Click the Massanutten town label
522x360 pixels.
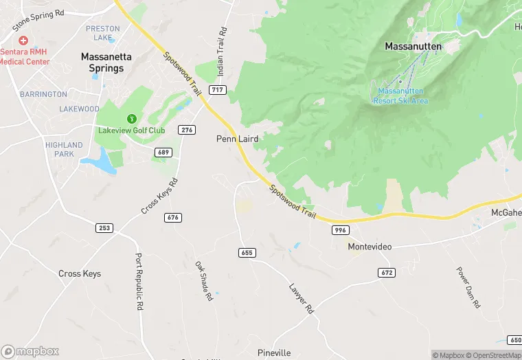(x=413, y=47)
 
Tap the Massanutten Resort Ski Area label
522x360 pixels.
(x=401, y=95)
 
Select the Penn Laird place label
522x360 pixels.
(x=238, y=139)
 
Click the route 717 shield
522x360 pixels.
(x=218, y=90)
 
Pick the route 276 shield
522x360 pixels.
(x=186, y=130)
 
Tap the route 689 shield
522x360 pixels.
(x=163, y=152)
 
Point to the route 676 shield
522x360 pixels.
(x=173, y=218)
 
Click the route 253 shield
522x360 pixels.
(x=104, y=227)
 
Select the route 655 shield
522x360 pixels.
(x=247, y=253)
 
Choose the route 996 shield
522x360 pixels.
(x=341, y=230)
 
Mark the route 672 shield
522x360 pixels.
(x=387, y=273)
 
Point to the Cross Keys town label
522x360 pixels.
(x=80, y=273)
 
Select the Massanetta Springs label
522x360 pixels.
(x=102, y=63)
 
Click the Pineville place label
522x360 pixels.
(x=274, y=353)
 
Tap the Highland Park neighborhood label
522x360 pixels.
(x=64, y=149)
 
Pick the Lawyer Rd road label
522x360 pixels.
(x=301, y=299)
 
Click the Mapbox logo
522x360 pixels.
(x=30, y=351)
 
